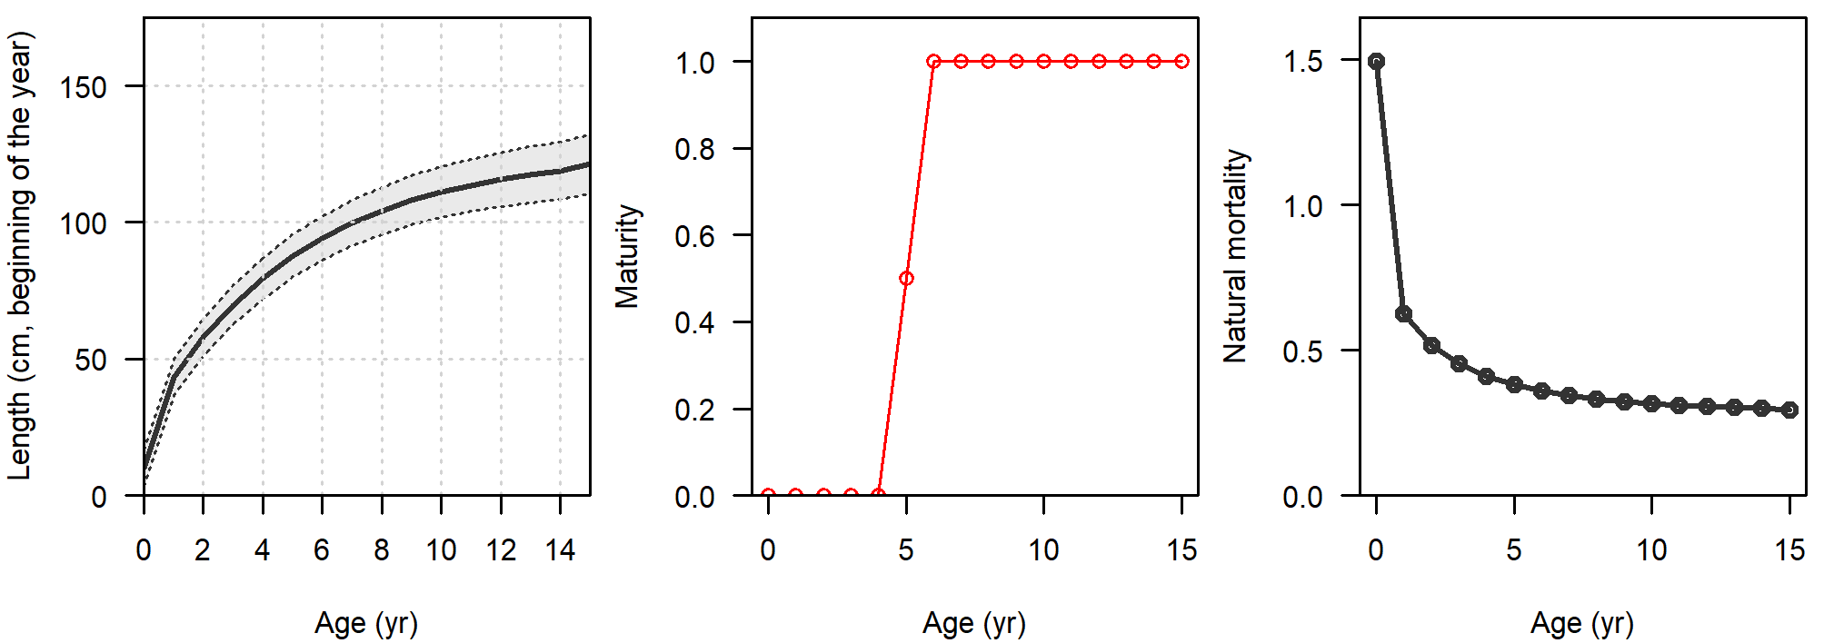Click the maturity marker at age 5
pos(906,279)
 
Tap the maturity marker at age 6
pos(933,62)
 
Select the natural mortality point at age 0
pos(1377,62)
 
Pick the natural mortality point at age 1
pos(1404,314)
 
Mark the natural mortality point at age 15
pos(1790,410)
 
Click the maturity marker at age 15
pos(1181,62)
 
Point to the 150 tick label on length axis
pos(83,88)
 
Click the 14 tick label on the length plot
pos(560,550)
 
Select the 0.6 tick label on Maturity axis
pos(694,236)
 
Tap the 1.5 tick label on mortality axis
pos(1302,62)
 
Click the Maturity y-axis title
pos(627,257)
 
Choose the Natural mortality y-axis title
pos(1235,257)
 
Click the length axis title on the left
pos(20,257)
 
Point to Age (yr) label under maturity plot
pos(974,624)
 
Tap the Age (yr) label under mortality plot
pos(1582,624)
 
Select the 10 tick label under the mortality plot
pos(1651,550)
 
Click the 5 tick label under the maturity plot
pos(906,550)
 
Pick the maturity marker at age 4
pos(879,495)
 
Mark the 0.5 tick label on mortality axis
pos(1302,351)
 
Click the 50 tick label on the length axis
pos(91,361)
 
